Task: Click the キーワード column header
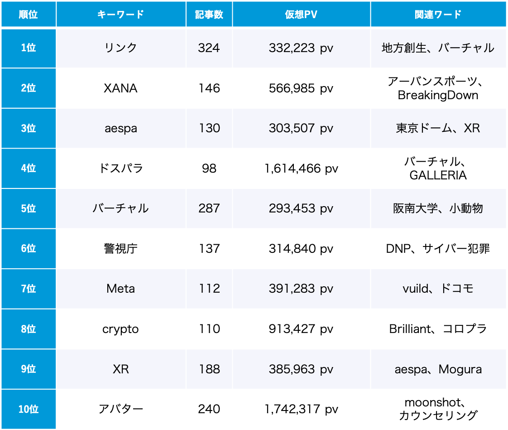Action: pyautogui.click(x=120, y=14)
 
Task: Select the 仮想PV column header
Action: pyautogui.click(x=301, y=14)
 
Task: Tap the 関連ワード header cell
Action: pyautogui.click(x=438, y=14)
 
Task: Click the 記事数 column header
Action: pyautogui.click(x=209, y=14)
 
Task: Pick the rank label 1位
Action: pyautogui.click(x=28, y=48)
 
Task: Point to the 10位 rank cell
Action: pyautogui.click(x=28, y=409)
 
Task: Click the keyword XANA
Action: pyautogui.click(x=120, y=88)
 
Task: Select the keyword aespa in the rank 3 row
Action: pyautogui.click(x=120, y=128)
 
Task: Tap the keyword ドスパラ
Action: pyautogui.click(x=120, y=168)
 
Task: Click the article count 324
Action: pyautogui.click(x=209, y=48)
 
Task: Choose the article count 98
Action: pyautogui.click(x=209, y=168)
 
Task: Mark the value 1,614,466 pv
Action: pyautogui.click(x=301, y=168)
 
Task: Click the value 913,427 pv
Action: pyautogui.click(x=301, y=329)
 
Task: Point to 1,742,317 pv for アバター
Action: pyautogui.click(x=301, y=409)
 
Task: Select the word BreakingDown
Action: pyautogui.click(x=438, y=95)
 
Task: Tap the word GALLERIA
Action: pyautogui.click(x=438, y=175)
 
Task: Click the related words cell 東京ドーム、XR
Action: pyautogui.click(x=438, y=128)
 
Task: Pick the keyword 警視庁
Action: pyautogui.click(x=120, y=248)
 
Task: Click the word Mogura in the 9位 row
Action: pyautogui.click(x=460, y=369)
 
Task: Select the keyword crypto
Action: pyautogui.click(x=120, y=329)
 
